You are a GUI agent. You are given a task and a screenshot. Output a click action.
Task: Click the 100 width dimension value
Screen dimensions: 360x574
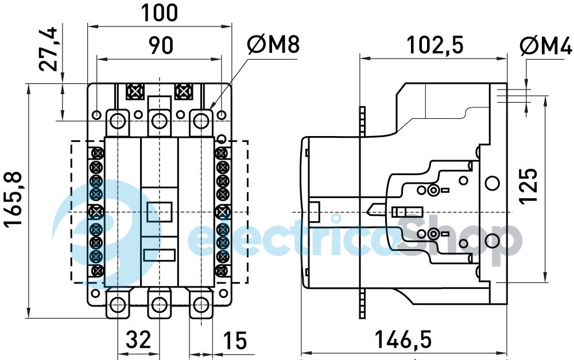pos(160,13)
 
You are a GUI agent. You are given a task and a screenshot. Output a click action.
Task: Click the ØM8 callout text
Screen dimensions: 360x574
pos(273,45)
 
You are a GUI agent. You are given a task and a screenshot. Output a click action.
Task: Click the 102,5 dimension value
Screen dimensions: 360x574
pos(434,45)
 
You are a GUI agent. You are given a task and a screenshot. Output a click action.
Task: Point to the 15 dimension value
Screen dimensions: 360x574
pos(234,340)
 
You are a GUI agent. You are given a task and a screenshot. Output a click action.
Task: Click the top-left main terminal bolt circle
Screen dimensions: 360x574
pos(118,121)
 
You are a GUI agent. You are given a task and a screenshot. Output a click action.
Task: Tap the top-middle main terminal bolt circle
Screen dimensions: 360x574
pos(159,121)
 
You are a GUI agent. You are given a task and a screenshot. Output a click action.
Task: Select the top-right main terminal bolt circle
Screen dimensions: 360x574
pos(200,121)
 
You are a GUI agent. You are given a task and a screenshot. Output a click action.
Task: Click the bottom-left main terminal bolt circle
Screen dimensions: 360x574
pos(118,304)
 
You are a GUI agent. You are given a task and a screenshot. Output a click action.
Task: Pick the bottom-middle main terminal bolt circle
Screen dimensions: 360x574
pos(159,304)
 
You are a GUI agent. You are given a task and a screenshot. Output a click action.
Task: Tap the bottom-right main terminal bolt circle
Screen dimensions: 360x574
pos(200,304)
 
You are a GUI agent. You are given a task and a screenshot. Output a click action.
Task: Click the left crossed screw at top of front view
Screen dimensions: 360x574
pos(135,91)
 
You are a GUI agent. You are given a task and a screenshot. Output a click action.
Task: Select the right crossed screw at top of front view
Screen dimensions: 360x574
pos(183,91)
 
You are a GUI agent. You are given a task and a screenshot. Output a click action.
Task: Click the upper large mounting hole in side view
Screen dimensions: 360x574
pos(491,183)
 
